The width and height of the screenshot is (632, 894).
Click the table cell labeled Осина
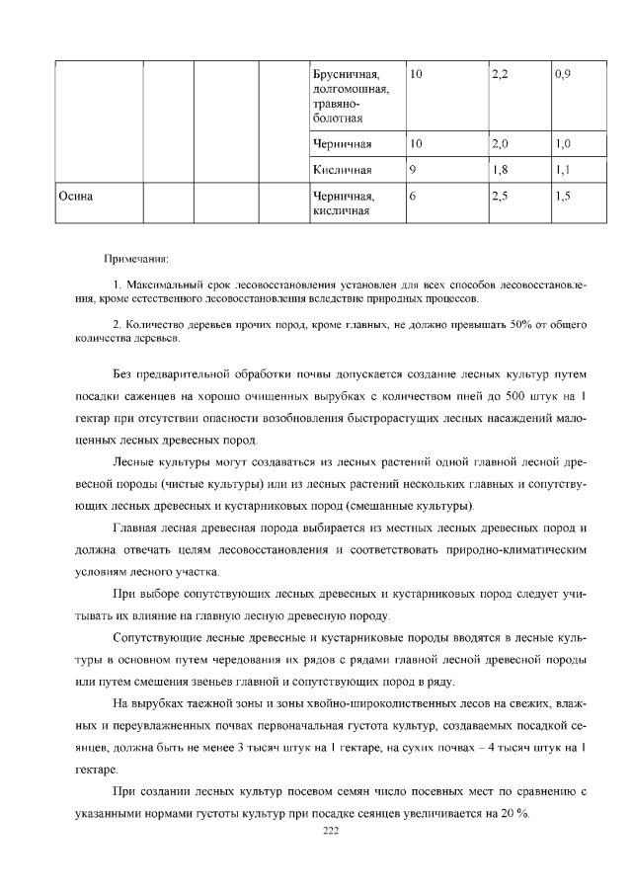pyautogui.click(x=75, y=197)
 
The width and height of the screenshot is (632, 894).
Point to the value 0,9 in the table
pyautogui.click(x=565, y=75)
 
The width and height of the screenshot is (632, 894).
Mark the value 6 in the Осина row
pyautogui.click(x=412, y=197)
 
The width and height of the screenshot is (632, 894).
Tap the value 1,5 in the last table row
pyautogui.click(x=565, y=197)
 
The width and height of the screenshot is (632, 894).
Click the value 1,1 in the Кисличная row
pyautogui.click(x=565, y=170)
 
